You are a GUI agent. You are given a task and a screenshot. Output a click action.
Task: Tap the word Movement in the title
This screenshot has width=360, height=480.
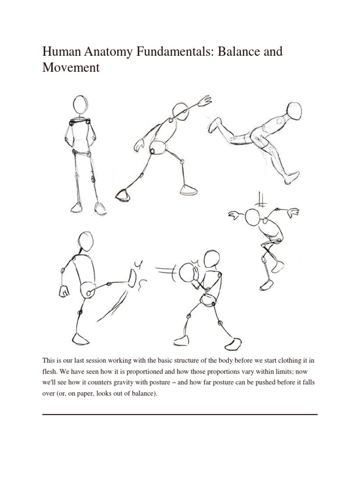[71, 67]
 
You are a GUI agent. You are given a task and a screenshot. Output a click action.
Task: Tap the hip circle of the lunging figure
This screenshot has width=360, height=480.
[159, 147]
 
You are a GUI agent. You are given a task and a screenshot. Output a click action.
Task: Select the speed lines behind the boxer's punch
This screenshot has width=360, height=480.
[166, 271]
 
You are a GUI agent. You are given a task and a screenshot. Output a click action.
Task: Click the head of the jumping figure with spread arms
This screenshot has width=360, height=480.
[253, 217]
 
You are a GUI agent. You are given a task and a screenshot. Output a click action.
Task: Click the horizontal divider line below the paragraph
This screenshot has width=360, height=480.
[180, 414]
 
